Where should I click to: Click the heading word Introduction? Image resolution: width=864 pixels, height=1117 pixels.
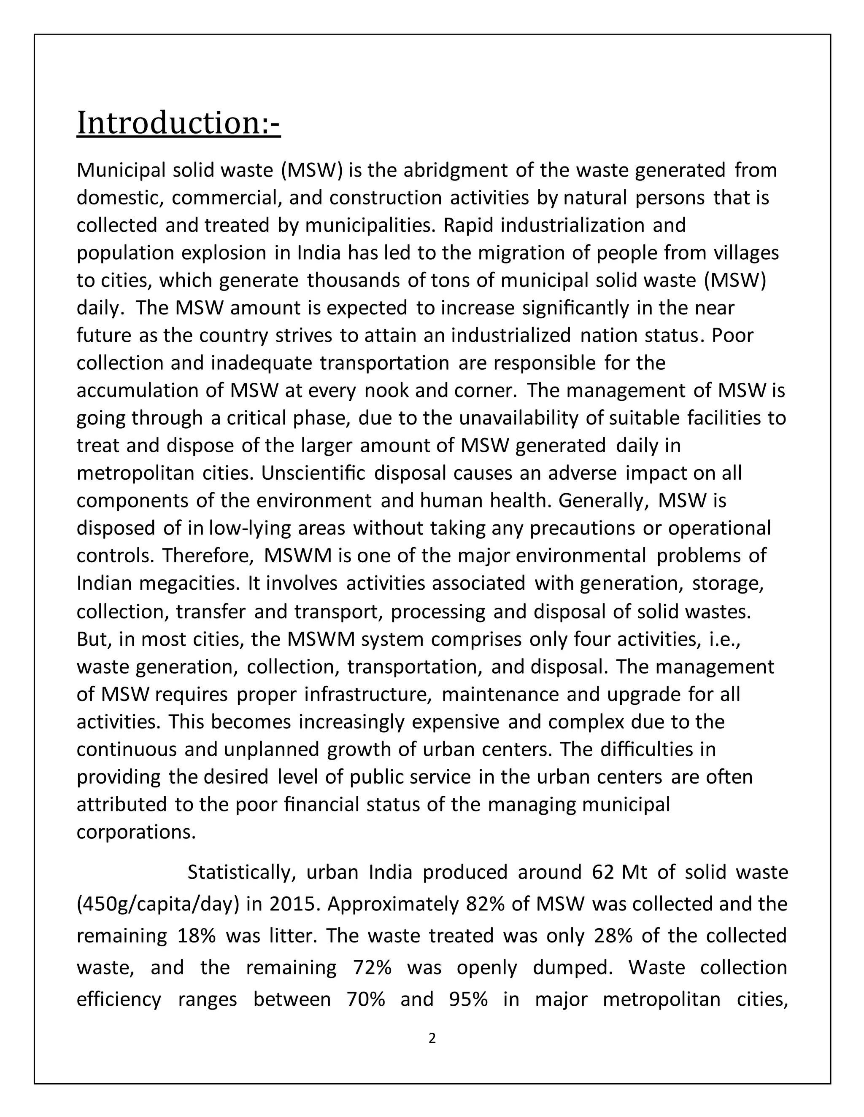pos(169,124)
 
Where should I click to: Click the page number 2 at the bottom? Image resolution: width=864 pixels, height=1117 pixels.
pos(432,1038)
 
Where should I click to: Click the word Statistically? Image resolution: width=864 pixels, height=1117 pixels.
pos(242,873)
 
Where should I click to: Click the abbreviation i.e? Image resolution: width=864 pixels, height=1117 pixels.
pos(724,639)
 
